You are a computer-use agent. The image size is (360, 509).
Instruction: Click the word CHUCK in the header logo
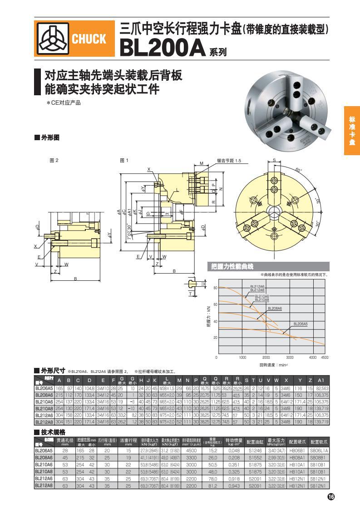pyautogui.click(x=89, y=39)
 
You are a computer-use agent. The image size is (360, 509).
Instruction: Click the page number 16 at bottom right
pyautogui.click(x=330, y=497)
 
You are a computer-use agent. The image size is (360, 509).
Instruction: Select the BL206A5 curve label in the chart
pyautogui.click(x=300, y=323)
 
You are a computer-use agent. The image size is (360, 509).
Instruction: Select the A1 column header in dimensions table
pyautogui.click(x=321, y=380)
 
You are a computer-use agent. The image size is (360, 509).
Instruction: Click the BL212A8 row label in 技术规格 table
pyautogui.click(x=44, y=486)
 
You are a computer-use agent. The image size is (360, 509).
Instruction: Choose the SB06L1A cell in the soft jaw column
pyautogui.click(x=319, y=451)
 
